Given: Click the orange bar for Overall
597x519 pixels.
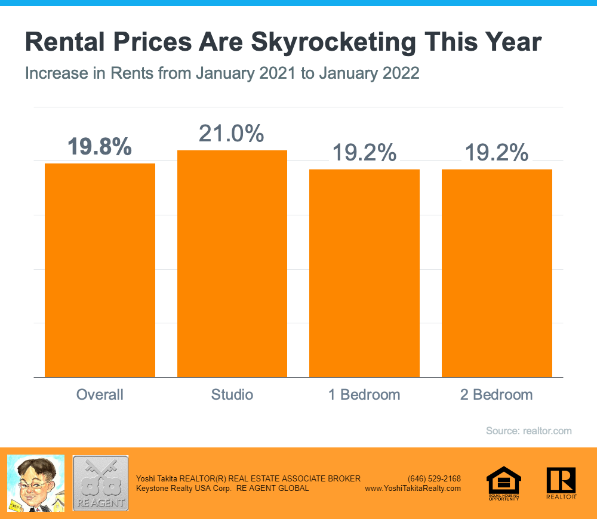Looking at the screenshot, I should (100, 270).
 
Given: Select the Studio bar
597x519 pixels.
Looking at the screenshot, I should (232, 264).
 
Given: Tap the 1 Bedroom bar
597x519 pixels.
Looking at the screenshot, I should (364, 273).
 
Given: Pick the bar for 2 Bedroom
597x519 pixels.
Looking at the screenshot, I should (497, 273).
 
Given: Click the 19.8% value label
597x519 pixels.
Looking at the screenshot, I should (100, 147).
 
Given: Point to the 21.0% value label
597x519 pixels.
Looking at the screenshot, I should (232, 134).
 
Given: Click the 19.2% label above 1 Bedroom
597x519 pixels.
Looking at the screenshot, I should (364, 153).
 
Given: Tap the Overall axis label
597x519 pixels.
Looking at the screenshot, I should (100, 395).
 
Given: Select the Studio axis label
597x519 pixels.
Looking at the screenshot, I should (232, 395).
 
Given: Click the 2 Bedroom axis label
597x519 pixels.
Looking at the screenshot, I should (497, 395).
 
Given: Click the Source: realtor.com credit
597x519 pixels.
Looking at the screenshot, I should (528, 431).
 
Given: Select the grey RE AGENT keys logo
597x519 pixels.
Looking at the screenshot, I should (100, 483).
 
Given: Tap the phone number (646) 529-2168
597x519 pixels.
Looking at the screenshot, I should (434, 478).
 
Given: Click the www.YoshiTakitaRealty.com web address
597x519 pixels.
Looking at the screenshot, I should (413, 488).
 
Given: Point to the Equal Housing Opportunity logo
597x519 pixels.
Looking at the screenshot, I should (504, 483).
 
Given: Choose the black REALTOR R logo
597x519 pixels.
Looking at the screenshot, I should (561, 483).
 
